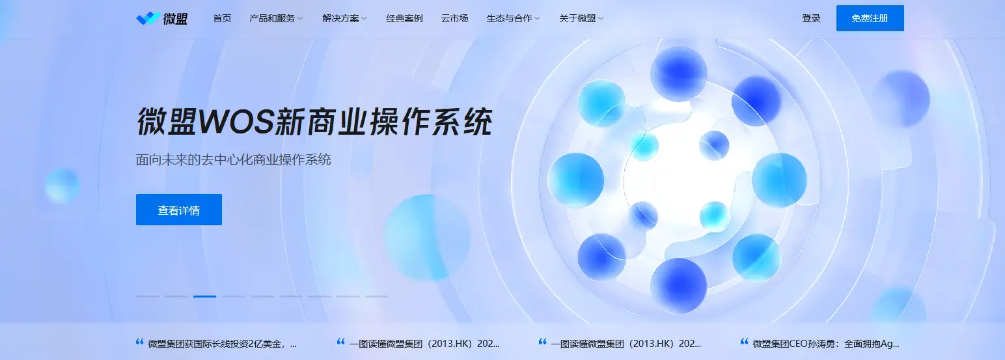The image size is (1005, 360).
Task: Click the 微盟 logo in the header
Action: [x=161, y=18]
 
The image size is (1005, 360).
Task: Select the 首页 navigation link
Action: [x=222, y=18]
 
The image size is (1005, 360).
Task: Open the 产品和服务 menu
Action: [x=272, y=18]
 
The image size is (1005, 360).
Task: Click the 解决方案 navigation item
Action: [x=340, y=18]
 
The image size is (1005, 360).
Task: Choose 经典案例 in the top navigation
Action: [x=404, y=18]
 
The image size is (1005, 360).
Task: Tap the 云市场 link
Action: [x=454, y=18]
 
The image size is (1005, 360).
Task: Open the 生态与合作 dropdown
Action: [x=509, y=18]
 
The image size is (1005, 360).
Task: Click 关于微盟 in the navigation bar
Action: [x=577, y=18]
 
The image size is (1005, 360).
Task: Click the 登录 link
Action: [x=811, y=18]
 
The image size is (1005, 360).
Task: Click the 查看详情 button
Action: [x=179, y=210]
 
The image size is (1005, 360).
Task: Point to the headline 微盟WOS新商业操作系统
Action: [x=314, y=122]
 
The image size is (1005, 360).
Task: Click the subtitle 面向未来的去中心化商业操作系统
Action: [x=234, y=159]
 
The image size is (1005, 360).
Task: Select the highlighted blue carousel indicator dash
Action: [x=204, y=296]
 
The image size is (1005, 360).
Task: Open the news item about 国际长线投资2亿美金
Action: [x=222, y=343]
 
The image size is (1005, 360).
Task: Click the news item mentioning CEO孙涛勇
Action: [x=825, y=343]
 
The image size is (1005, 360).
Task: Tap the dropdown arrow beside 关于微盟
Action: [x=601, y=19]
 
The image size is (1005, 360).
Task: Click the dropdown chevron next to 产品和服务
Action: [x=301, y=19]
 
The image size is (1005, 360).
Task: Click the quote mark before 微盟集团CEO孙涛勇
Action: [x=745, y=342]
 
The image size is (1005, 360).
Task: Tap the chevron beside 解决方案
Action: [x=365, y=19]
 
